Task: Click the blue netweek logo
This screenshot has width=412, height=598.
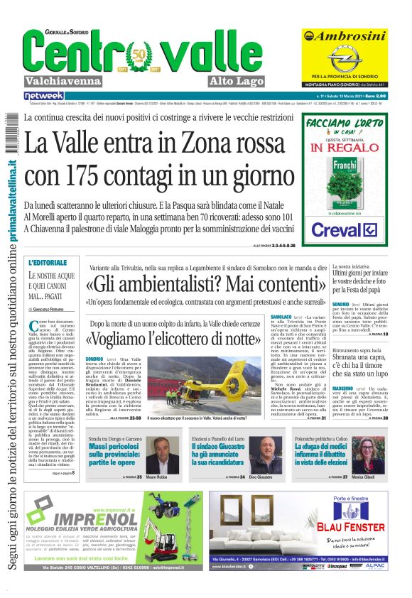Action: (x=44, y=95)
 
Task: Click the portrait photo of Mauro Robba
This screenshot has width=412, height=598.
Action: (x=163, y=454)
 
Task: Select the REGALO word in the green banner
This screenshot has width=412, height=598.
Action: (x=351, y=150)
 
